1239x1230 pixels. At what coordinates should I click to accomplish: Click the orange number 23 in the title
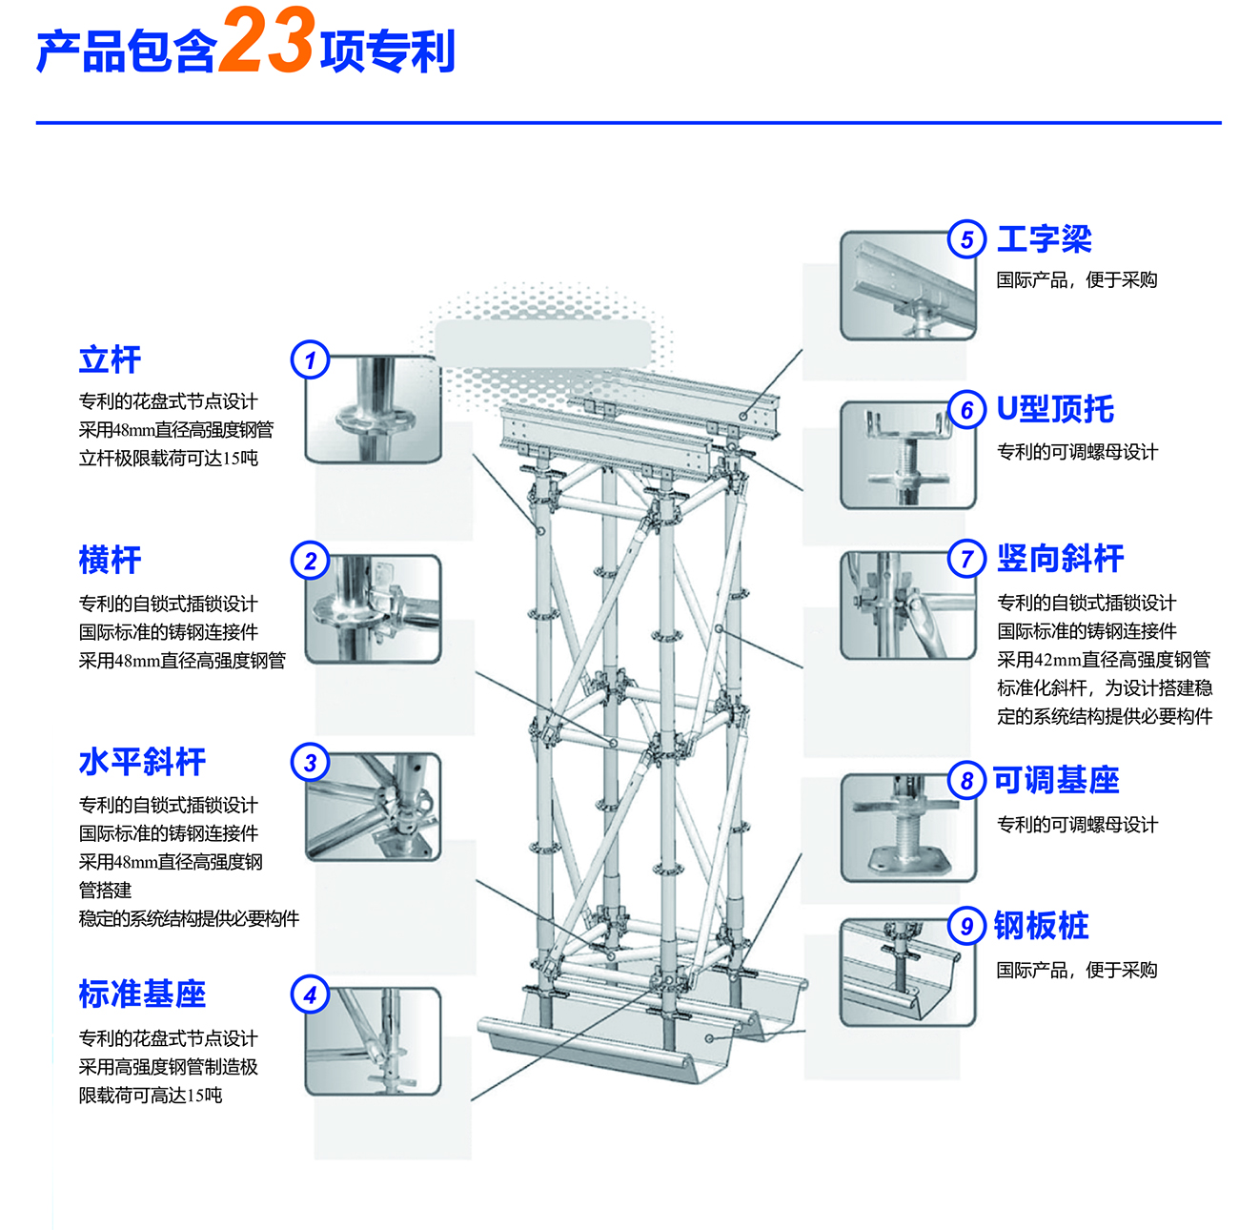(x=266, y=43)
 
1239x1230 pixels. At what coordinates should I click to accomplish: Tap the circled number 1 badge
(x=310, y=360)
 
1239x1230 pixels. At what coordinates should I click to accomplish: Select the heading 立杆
(x=110, y=360)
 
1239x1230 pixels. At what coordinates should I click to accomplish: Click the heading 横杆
(x=110, y=560)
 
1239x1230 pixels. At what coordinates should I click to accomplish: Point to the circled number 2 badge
(x=310, y=561)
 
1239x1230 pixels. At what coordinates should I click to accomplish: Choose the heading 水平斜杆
(x=142, y=762)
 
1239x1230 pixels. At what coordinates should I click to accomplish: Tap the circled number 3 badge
(x=310, y=763)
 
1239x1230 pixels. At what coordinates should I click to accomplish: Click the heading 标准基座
(x=142, y=994)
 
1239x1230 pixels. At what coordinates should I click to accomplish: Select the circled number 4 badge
(x=310, y=994)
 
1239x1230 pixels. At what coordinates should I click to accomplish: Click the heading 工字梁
(x=1044, y=239)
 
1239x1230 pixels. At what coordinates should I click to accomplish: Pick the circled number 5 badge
(x=966, y=239)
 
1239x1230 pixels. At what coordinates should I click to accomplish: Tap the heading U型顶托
(x=1055, y=409)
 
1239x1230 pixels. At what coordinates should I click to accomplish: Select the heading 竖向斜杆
(x=1060, y=559)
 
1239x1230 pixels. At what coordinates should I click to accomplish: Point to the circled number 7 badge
(x=966, y=559)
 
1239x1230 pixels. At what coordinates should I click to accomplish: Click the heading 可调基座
(x=1056, y=780)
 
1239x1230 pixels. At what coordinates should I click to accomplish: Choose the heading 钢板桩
(x=1041, y=926)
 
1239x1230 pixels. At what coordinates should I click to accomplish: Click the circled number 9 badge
(x=966, y=926)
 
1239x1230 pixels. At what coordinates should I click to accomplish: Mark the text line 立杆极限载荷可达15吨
(x=168, y=459)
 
